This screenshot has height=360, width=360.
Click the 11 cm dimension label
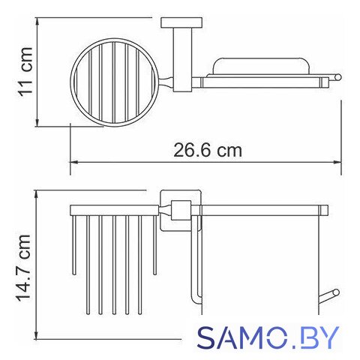tap(25, 72)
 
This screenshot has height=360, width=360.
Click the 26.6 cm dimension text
tap(208, 150)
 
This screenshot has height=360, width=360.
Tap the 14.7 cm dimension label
tap(23, 268)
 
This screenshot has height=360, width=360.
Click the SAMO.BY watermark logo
tap(268, 337)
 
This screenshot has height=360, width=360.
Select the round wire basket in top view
tap(70, 82)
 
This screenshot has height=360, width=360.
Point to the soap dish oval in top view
tap(261, 59)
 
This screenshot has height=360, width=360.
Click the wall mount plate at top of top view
tap(181, 22)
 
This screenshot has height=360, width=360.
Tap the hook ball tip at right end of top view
tap(337, 77)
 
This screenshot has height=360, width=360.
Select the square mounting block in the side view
tap(181, 210)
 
